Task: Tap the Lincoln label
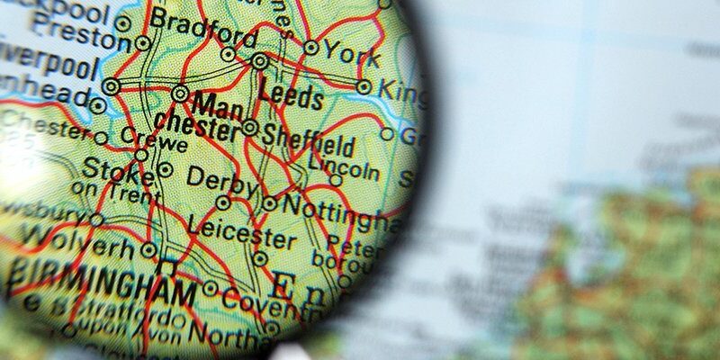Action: pos(343,166)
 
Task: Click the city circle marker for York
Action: pos(311,47)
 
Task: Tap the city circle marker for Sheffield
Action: pos(250,128)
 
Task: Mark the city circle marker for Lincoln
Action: pos(336,180)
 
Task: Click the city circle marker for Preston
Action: pos(142,42)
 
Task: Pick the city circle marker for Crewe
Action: pos(141,155)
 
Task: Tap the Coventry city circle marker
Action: pos(211,289)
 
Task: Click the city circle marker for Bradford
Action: pos(229,54)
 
